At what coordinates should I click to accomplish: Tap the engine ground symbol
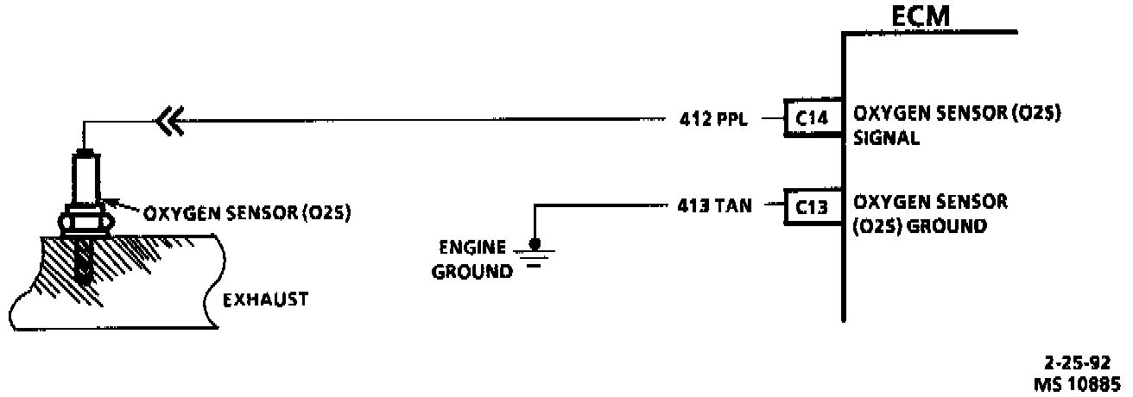(x=535, y=255)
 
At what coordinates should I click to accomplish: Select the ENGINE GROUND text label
(x=472, y=258)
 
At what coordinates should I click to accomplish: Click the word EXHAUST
(x=265, y=300)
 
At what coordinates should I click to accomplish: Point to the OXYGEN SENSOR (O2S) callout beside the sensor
(x=245, y=213)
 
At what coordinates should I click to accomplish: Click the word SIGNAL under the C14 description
(x=886, y=137)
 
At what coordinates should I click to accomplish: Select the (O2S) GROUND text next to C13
(x=920, y=226)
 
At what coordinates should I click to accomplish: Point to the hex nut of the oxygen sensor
(x=84, y=221)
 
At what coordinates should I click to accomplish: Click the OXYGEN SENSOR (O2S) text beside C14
(x=956, y=114)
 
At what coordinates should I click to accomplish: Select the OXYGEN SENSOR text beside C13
(x=930, y=203)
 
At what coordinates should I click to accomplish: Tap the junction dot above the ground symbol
(x=535, y=243)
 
